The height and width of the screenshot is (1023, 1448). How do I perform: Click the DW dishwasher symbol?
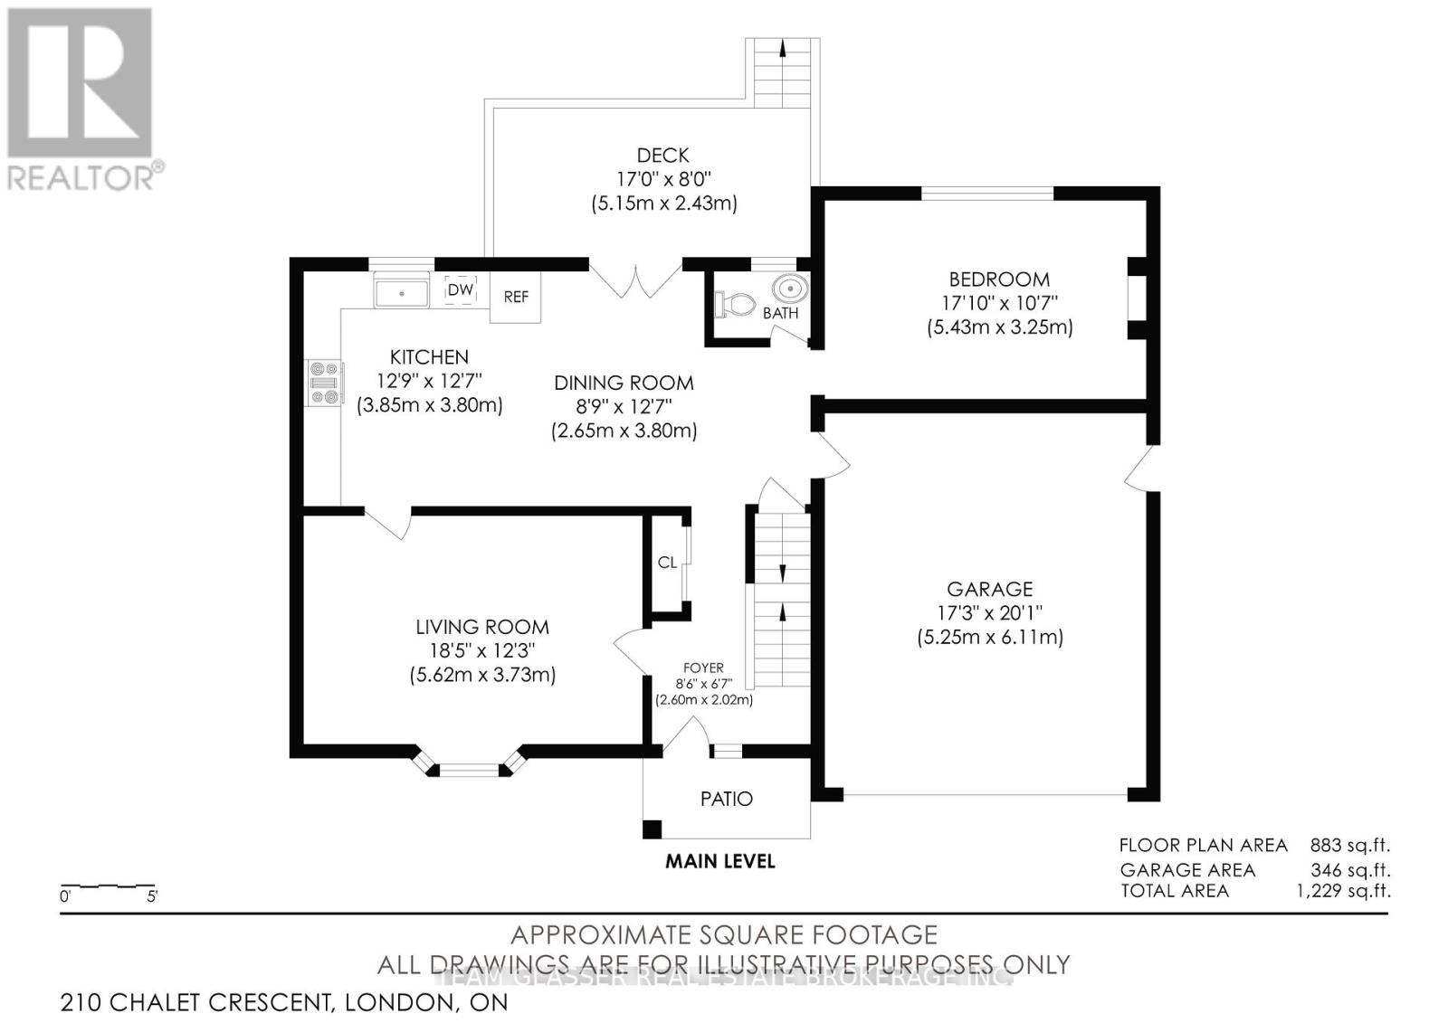[x=461, y=290]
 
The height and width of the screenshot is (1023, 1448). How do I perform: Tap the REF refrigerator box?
[x=515, y=297]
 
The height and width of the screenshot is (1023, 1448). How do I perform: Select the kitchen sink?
[x=402, y=293]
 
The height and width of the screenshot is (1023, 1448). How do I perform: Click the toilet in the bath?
[x=735, y=304]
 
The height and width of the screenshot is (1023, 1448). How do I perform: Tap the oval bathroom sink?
[x=790, y=289]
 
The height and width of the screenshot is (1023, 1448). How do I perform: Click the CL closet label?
[x=667, y=563]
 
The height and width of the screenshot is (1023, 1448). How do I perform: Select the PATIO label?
[x=727, y=799]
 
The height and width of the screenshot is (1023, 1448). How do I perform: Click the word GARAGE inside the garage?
[x=990, y=589]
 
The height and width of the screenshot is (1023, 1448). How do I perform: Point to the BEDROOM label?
[x=999, y=279]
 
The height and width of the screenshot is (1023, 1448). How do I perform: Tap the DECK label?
[x=663, y=155]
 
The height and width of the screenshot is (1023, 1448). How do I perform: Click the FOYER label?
[x=704, y=668]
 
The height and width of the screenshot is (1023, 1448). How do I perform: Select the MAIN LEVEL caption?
[x=720, y=861]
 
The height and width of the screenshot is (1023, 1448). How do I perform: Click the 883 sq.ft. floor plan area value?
[x=1349, y=846]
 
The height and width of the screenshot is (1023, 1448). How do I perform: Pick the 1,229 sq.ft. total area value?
[x=1343, y=891]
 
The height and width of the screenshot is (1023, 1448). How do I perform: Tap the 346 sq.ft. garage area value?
[x=1350, y=870]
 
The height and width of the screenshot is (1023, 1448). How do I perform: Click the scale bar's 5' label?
[x=153, y=896]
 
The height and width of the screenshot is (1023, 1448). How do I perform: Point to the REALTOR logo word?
[x=81, y=178]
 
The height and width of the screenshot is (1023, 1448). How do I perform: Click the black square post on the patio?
[x=653, y=829]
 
